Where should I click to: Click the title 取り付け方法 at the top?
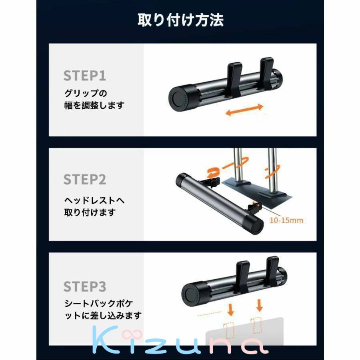coord(180,20)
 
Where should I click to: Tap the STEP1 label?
coord(85,76)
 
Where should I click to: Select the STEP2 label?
coord(85,179)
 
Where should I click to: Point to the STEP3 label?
coord(85,286)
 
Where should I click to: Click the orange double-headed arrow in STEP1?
coord(244,110)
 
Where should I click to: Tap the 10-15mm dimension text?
coord(286,220)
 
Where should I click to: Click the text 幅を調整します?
coord(94,105)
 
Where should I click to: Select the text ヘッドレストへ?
coord(94,200)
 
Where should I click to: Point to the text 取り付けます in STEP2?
coord(90,212)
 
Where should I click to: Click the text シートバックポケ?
coord(99,304)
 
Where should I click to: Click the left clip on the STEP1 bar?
coord(234,79)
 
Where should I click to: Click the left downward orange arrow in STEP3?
coord(231,310)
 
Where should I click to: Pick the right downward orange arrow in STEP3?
coord(260,305)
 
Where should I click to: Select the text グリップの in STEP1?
coord(86,94)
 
